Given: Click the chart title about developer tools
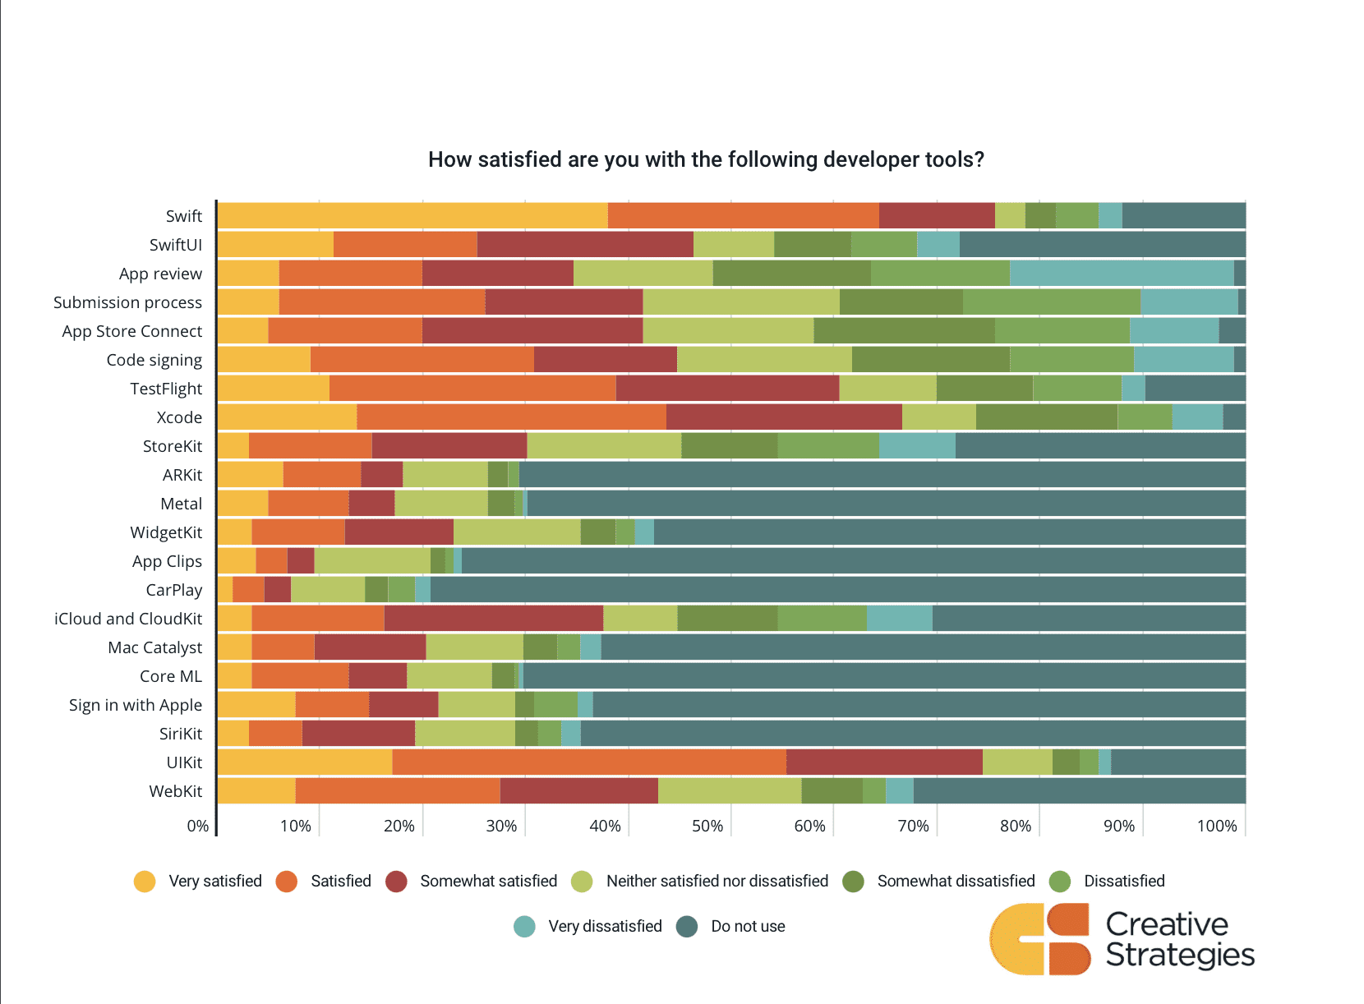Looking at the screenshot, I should pos(706,159).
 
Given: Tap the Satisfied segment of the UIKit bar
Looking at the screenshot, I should pos(588,762).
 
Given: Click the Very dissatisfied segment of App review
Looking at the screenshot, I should pos(1121,273).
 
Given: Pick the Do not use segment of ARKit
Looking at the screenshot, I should pos(882,474).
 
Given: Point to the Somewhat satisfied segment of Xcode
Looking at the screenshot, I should pos(783,417).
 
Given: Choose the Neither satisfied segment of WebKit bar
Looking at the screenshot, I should pos(729,790).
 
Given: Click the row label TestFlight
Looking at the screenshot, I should pos(165,389).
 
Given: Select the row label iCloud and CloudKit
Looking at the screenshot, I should pos(127,619).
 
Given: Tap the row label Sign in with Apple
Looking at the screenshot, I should pos(135,705).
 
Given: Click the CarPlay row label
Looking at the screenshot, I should pos(173,590).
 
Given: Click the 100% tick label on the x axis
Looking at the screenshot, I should pos(1216,826).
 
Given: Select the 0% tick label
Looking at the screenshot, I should pos(198,826).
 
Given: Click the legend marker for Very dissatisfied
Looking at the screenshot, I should pos(524,927).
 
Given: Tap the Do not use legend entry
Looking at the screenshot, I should pos(747,927).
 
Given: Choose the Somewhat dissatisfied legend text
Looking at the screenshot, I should pos(956,881).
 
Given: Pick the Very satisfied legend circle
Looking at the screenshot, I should pos(145,882).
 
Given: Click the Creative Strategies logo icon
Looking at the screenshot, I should pos(1039,939).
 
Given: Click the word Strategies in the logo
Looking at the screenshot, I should pos(1179,956).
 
